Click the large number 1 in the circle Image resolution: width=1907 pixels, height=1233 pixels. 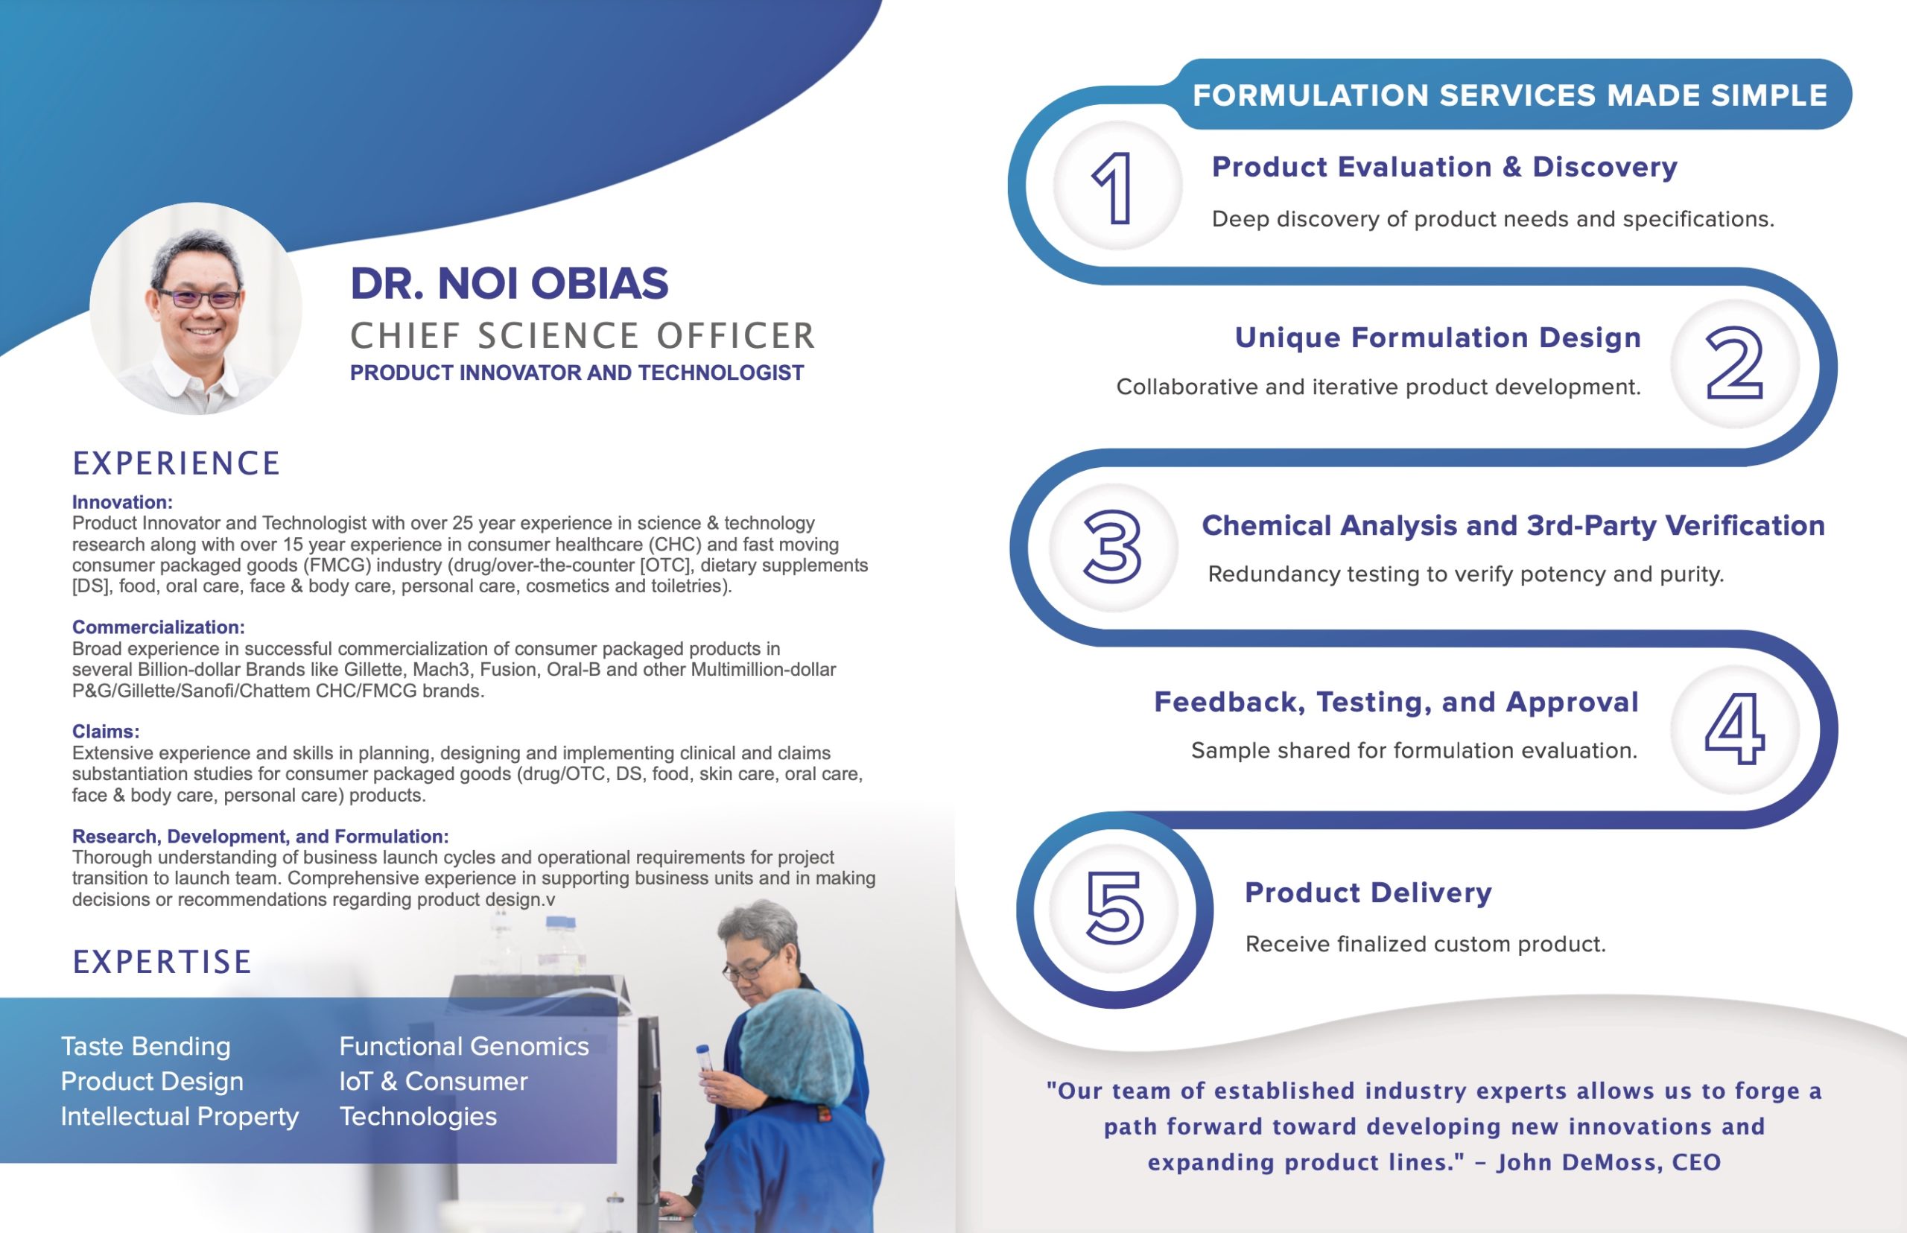pos(1113,188)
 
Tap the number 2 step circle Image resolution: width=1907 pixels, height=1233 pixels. pos(1735,364)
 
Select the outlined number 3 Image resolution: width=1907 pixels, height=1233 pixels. pos(1112,546)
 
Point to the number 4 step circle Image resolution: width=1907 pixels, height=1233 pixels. pos(1735,729)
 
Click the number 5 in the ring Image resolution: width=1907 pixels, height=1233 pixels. pos(1114,908)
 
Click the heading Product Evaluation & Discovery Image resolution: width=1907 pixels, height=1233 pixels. pos(1444,167)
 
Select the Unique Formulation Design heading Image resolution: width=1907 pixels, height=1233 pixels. pos(1438,337)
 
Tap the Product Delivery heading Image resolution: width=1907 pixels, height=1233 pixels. pos(1368,892)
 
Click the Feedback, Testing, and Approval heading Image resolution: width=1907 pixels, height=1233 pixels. pos(1396,702)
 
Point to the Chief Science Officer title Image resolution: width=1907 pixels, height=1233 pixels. pos(582,336)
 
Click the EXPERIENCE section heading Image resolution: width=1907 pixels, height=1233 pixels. pos(176,463)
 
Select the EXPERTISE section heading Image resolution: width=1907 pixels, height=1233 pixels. pos(162,962)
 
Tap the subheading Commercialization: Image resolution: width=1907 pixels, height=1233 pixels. pos(159,627)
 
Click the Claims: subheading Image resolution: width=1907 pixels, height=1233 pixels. pos(106,731)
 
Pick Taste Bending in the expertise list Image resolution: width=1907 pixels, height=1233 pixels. pos(146,1047)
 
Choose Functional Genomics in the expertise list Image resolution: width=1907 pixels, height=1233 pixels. pos(464,1047)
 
